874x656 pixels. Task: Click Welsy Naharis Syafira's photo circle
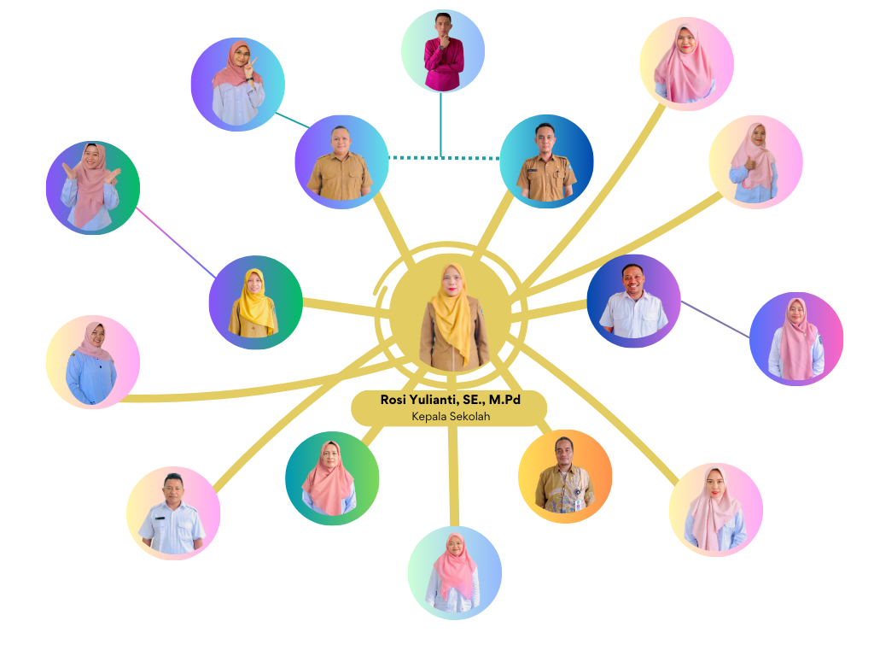(237, 82)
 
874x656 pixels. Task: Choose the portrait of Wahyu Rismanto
(341, 161)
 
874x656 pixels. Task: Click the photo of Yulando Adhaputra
(546, 162)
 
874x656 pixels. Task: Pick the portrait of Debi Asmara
(173, 512)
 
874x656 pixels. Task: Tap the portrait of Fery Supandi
(565, 476)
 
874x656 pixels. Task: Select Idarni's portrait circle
(796, 339)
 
